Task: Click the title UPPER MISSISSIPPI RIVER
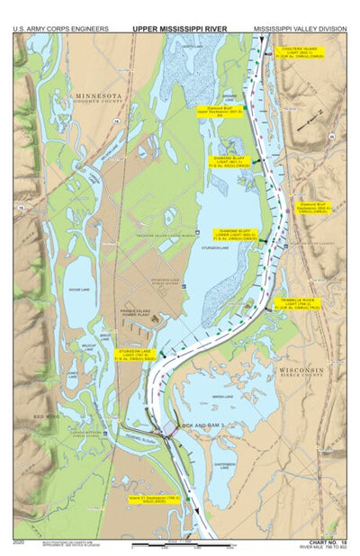180,29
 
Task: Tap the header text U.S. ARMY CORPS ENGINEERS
60,29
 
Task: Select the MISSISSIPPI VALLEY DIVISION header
299,29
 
